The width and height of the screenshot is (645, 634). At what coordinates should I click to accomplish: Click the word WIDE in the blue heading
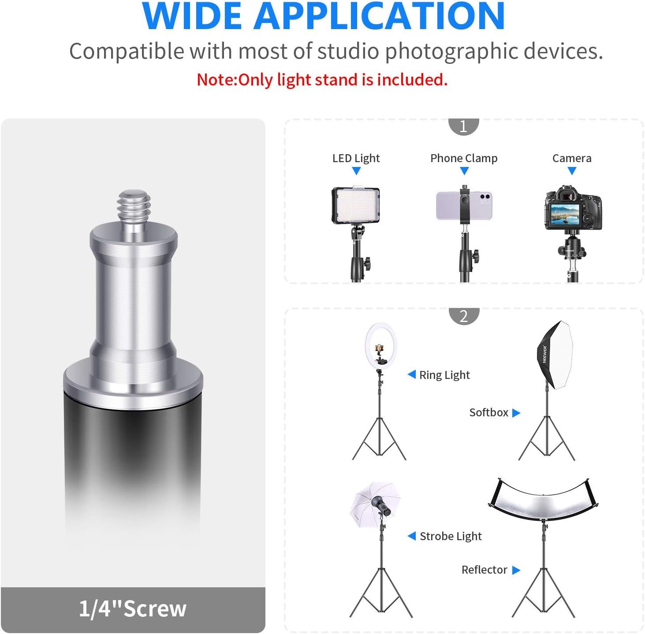(192, 16)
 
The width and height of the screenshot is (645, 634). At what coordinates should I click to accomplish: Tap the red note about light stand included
(322, 80)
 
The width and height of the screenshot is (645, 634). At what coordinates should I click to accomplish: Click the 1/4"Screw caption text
(133, 608)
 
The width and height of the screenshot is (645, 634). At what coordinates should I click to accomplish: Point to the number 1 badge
(464, 126)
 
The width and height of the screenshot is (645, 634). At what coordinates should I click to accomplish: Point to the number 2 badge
(464, 316)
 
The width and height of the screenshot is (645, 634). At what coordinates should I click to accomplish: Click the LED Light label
(356, 158)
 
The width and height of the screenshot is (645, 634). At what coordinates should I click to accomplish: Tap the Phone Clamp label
(464, 158)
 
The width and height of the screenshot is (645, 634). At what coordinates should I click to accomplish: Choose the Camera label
(572, 158)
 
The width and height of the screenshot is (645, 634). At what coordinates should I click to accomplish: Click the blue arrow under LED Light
(356, 171)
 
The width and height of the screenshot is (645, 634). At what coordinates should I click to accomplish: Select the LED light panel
(355, 205)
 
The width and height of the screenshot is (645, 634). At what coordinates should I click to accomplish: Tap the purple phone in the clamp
(464, 206)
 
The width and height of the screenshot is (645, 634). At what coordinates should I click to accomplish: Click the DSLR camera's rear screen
(565, 215)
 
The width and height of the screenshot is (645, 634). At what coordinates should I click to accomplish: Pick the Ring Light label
(444, 375)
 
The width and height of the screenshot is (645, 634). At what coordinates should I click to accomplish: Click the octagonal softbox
(555, 355)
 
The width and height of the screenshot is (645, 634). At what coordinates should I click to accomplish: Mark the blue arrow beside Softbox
(516, 413)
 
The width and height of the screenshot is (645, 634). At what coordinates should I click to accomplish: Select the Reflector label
(484, 570)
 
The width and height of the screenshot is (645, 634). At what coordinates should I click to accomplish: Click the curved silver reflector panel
(543, 501)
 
